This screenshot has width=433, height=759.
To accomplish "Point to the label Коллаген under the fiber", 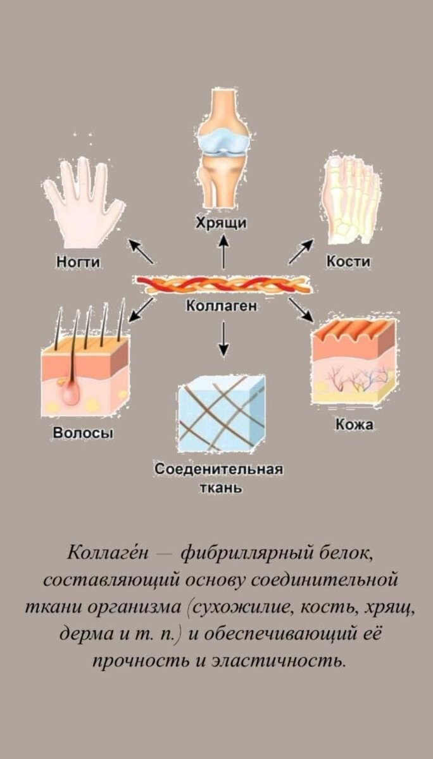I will click(x=221, y=306).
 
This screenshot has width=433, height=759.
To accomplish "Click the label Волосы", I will click(x=83, y=435).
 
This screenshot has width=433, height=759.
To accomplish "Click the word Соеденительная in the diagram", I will click(x=218, y=471).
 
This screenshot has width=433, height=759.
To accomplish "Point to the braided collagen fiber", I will click(x=222, y=285).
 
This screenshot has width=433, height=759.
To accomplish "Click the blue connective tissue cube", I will click(x=221, y=414).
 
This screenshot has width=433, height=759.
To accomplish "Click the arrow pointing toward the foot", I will click(x=301, y=251).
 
